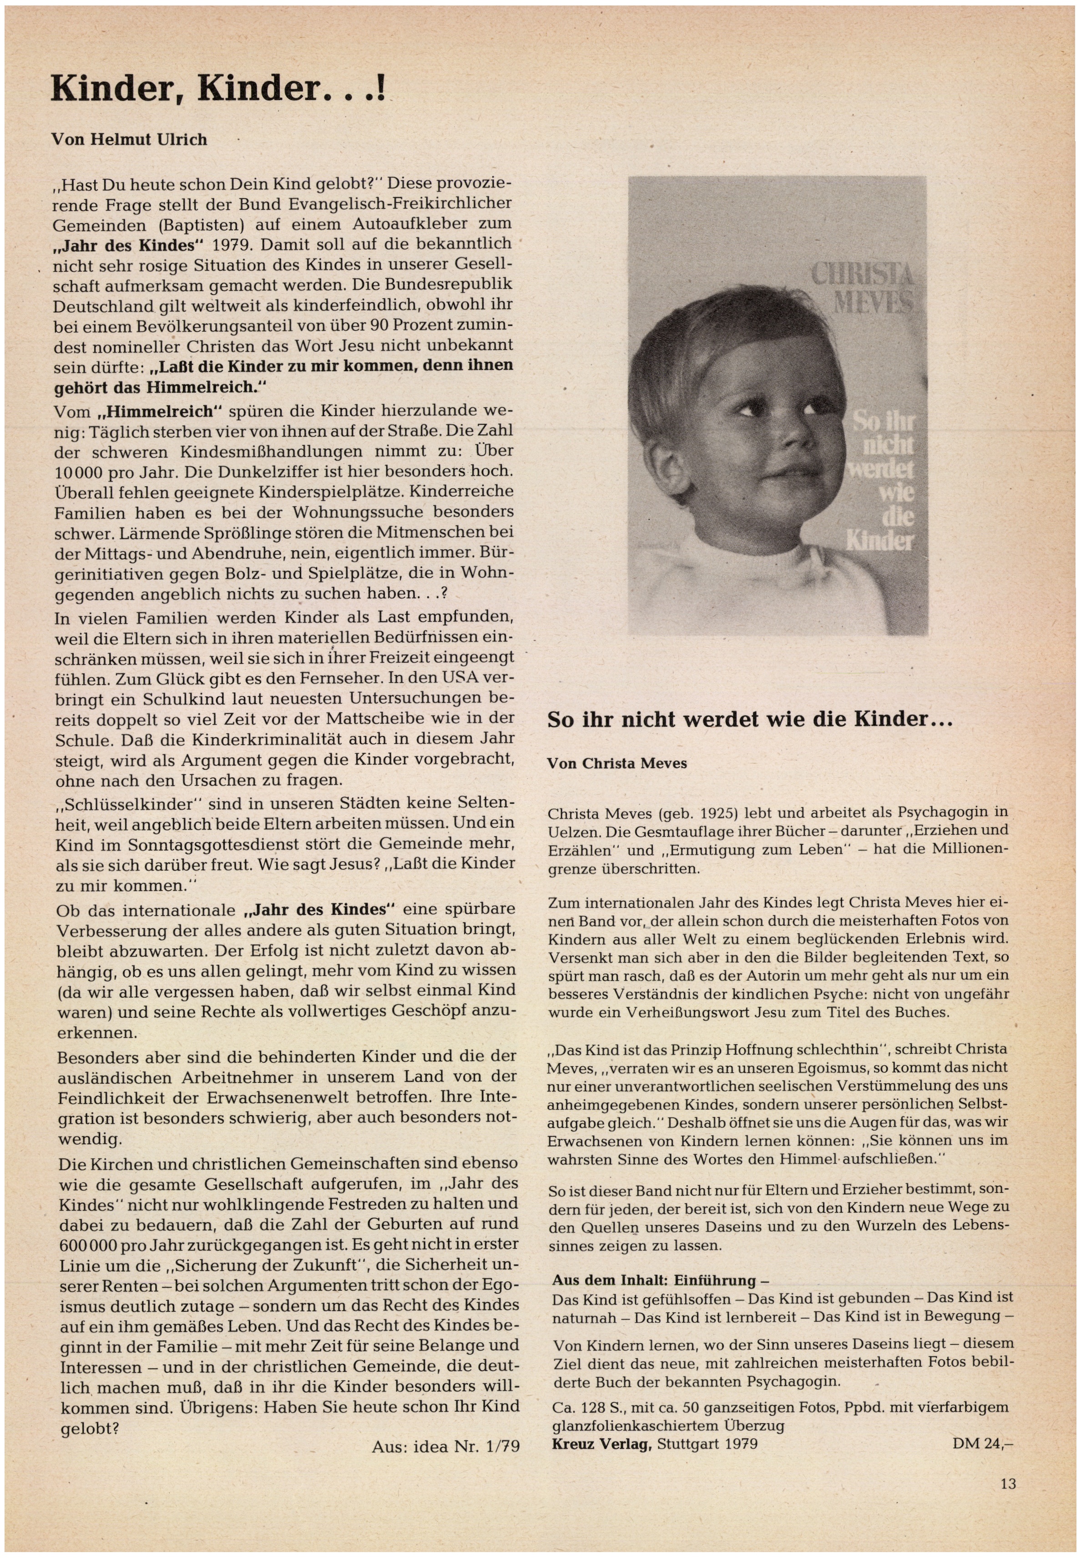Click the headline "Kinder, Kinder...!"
pyautogui.click(x=218, y=89)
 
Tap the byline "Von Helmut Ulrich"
pyautogui.click(x=129, y=140)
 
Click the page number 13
pyautogui.click(x=1008, y=1483)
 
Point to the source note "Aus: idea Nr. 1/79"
pyautogui.click(x=446, y=1446)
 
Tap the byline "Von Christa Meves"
pyautogui.click(x=616, y=763)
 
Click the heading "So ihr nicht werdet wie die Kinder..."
pyautogui.click(x=750, y=719)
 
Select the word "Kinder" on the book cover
pyautogui.click(x=879, y=541)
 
